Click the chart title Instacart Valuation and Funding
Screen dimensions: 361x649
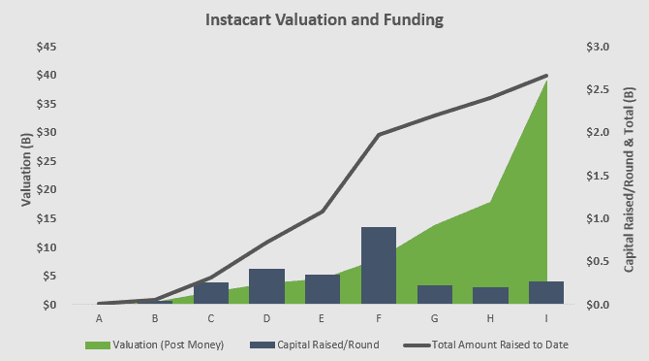[x=324, y=18]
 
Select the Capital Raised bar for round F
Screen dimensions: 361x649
[x=379, y=266]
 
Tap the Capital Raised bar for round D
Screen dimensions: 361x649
[x=266, y=286]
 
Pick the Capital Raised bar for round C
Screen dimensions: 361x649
[x=211, y=293]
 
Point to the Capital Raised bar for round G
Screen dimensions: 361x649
[x=435, y=295]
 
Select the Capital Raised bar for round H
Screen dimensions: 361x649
[x=490, y=296]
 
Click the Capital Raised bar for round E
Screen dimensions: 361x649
[x=323, y=289]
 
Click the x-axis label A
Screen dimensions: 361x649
[x=99, y=317]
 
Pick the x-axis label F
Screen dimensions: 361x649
[x=379, y=317]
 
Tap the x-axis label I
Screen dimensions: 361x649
[x=546, y=317]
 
